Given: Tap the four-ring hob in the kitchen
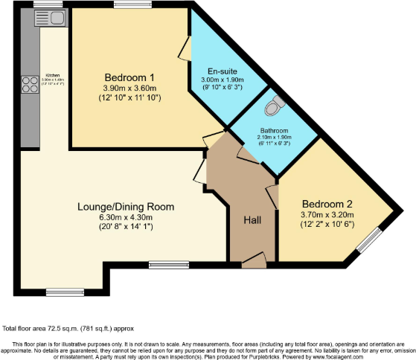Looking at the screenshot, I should tap(33, 83).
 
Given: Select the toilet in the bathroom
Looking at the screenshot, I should tap(276, 106).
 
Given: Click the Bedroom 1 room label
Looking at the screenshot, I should tap(129, 77).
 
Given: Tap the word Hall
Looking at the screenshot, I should tap(253, 220).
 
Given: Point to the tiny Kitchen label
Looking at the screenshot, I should tap(53, 75).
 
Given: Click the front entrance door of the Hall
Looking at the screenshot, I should tap(253, 260).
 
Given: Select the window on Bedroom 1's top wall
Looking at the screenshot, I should tap(133, 5).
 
